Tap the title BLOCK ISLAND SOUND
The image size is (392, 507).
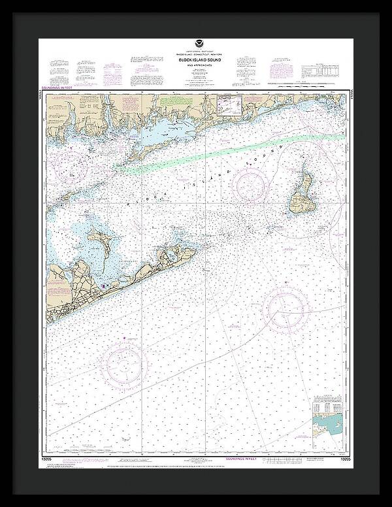196,60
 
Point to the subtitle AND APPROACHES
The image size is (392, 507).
196,65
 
